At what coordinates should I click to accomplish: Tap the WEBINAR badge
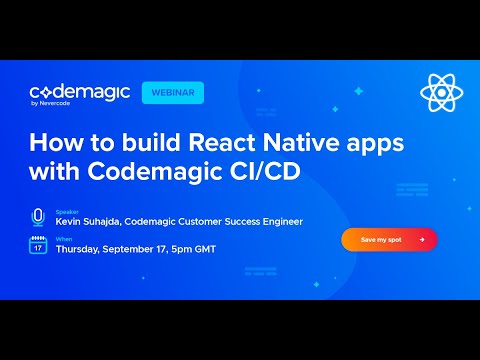coord(173,92)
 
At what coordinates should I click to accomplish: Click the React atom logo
coord(440,94)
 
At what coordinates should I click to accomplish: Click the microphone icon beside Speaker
coord(38,216)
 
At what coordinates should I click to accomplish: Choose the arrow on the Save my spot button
coord(422,240)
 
